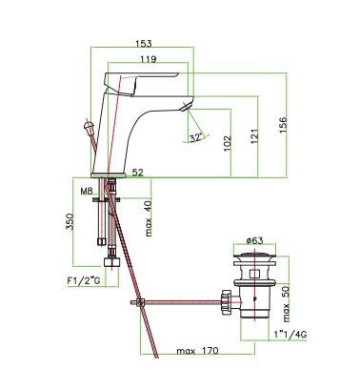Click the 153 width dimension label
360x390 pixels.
coord(144,44)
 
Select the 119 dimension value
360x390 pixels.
coord(149,59)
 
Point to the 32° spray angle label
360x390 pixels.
coord(196,138)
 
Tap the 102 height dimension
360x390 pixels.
coord(228,144)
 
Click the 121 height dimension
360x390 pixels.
coord(254,136)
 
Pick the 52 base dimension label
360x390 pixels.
coord(138,173)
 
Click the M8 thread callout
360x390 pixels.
coord(87,192)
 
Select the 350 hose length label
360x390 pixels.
coord(70,221)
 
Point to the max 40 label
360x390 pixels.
coord(149,218)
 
